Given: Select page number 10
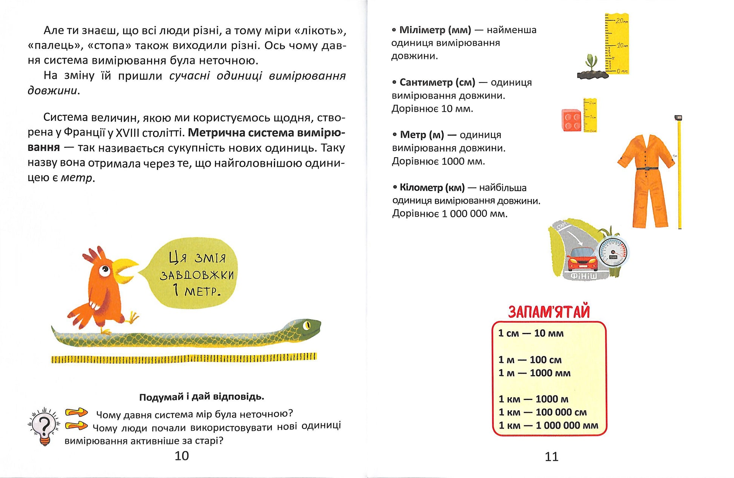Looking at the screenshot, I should tap(182, 456).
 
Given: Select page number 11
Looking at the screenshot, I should tap(551, 457).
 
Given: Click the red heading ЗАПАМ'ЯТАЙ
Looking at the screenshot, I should tap(549, 312).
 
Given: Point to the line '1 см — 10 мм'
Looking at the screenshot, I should tap(531, 333).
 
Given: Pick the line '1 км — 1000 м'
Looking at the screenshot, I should tap(533, 399).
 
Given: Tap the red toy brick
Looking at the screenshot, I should tap(572, 120).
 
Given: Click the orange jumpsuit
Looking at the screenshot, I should tap(646, 177).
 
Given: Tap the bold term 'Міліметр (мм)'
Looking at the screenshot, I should tap(435, 30).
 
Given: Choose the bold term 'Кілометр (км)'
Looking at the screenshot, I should tap(432, 187).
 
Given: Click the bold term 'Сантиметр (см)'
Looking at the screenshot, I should tap(437, 82).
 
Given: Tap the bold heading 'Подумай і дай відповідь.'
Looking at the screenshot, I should tap(202, 397).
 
